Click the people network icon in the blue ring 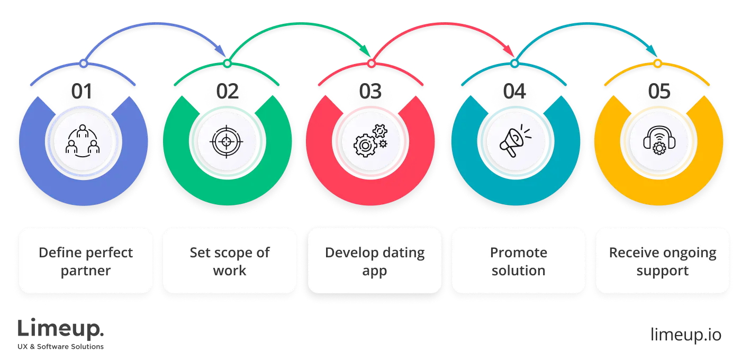click(83, 141)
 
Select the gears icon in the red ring click(370, 141)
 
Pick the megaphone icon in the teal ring click(514, 141)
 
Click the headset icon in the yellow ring click(658, 141)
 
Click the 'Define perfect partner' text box click(86, 261)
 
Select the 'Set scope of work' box click(230, 261)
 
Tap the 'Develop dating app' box click(375, 261)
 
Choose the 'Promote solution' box click(519, 261)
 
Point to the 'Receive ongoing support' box click(663, 261)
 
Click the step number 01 click(83, 92)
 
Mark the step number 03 click(370, 92)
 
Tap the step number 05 click(658, 92)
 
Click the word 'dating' click(400, 253)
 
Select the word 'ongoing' click(688, 253)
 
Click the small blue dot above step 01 click(83, 64)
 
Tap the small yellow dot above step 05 click(658, 64)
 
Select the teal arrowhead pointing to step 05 click(654, 51)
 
